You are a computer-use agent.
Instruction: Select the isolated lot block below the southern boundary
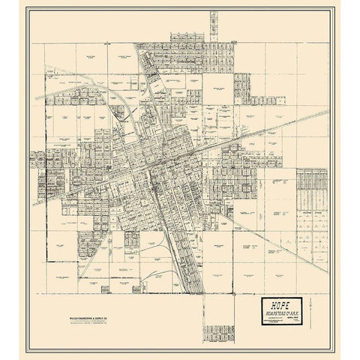(x=218, y=333)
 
